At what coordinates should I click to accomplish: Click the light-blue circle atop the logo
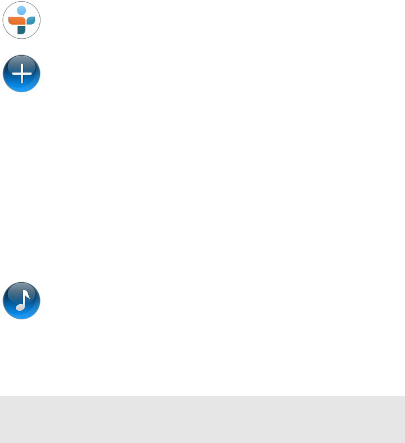pyautogui.click(x=21, y=11)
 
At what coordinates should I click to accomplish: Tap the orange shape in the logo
pyautogui.click(x=16, y=21)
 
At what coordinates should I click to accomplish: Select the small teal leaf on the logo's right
pyautogui.click(x=31, y=21)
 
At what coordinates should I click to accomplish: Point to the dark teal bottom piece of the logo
pyautogui.click(x=21, y=30)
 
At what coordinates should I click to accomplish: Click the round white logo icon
pyautogui.click(x=21, y=20)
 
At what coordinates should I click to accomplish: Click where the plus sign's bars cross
pyautogui.click(x=22, y=74)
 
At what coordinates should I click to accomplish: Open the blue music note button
pyautogui.click(x=21, y=301)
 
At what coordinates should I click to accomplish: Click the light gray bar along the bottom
pyautogui.click(x=202, y=419)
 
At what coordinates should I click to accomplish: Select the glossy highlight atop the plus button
pyautogui.click(x=21, y=61)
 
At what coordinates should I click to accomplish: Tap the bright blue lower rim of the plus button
pyautogui.click(x=21, y=88)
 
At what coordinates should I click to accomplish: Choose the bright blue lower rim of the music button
pyautogui.click(x=21, y=315)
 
